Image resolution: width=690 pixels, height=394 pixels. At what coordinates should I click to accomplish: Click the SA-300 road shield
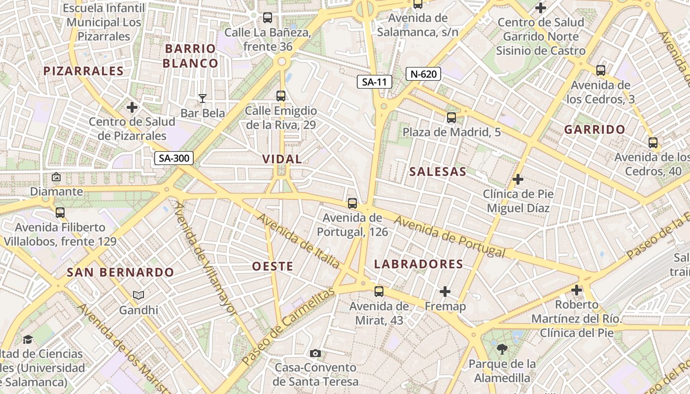(174, 158)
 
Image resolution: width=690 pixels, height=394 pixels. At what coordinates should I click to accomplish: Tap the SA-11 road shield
(375, 82)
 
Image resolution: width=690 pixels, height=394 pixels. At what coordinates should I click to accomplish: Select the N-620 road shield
(423, 74)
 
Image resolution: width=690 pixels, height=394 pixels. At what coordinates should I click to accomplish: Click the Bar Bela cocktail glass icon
(202, 98)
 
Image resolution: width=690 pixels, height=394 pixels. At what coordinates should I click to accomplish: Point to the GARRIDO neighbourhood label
(594, 130)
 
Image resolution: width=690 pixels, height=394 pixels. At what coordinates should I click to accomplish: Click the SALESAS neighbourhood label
(438, 171)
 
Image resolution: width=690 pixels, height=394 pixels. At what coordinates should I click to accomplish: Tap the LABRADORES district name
(418, 264)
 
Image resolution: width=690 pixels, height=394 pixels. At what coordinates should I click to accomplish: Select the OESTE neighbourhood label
(273, 266)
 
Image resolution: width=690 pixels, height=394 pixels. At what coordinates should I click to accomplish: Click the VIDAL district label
(282, 159)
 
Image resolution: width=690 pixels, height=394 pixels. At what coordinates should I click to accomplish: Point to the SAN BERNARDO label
(120, 272)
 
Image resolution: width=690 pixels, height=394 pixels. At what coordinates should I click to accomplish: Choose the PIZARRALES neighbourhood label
(83, 71)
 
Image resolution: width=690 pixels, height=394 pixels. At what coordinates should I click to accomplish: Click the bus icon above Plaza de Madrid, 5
(451, 118)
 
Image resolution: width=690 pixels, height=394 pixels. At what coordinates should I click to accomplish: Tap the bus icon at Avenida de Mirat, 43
(379, 292)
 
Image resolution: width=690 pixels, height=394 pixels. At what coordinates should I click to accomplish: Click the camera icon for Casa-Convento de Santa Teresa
(315, 353)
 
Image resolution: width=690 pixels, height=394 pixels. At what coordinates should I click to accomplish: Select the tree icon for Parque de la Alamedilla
(502, 350)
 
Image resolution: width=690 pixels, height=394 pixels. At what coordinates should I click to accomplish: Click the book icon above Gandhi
(138, 295)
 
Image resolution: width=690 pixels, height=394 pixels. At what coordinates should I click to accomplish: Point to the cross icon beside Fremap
(445, 292)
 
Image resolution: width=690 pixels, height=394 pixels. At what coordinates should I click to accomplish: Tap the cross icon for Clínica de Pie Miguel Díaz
(517, 179)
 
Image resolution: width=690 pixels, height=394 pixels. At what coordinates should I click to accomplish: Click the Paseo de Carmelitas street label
(288, 326)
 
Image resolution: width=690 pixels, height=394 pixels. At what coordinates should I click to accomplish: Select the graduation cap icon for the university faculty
(28, 339)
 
